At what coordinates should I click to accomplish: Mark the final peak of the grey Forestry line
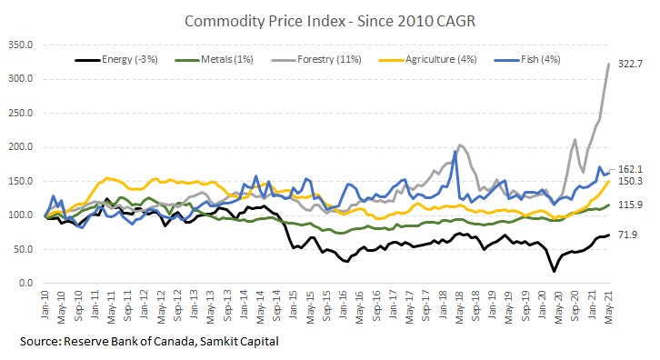608,64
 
